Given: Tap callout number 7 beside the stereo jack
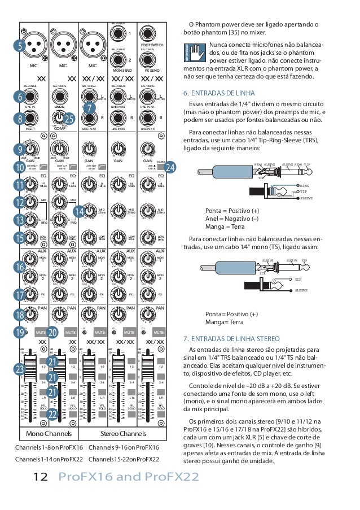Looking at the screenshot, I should click(x=89, y=107).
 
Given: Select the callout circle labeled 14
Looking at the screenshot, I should click(x=79, y=211).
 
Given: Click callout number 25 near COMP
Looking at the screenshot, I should click(x=69, y=119).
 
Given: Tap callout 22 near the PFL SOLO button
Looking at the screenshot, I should click(x=52, y=415).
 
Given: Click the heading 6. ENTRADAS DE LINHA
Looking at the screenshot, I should click(x=219, y=93).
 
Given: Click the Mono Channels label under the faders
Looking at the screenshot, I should click(x=47, y=434).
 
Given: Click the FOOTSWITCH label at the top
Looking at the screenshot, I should click(x=152, y=44).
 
